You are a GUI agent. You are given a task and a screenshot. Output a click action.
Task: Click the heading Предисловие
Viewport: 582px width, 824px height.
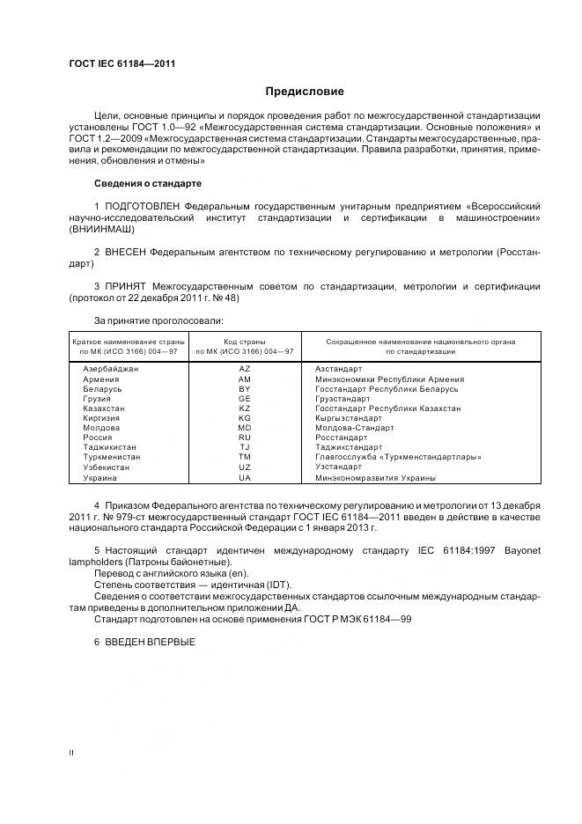(x=305, y=92)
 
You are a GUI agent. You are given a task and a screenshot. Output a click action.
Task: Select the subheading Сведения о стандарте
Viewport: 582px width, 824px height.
(x=147, y=183)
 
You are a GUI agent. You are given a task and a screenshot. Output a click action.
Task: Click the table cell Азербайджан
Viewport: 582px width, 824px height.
(x=109, y=370)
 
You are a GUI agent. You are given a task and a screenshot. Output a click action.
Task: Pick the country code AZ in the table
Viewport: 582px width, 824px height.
(x=245, y=370)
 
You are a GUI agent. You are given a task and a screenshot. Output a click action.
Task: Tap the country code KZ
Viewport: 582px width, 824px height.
(x=245, y=408)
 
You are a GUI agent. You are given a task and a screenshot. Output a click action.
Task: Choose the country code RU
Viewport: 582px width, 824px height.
(x=245, y=438)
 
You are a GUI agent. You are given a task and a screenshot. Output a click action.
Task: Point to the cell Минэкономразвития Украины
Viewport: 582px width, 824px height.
(x=375, y=477)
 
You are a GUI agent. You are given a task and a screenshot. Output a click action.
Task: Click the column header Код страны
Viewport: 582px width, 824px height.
(x=245, y=341)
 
